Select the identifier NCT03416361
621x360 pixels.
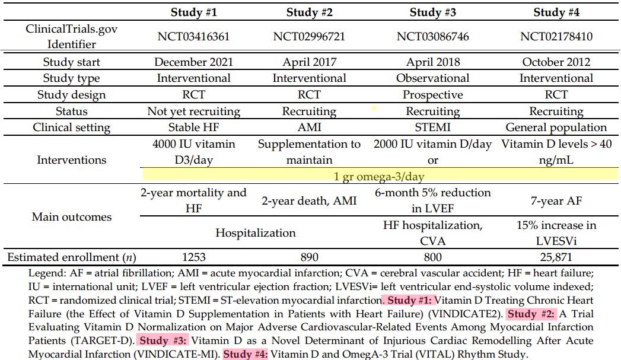click(193, 37)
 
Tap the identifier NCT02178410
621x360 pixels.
click(556, 37)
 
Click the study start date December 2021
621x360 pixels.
click(193, 62)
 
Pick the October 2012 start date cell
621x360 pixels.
click(556, 62)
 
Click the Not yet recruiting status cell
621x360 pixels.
click(193, 111)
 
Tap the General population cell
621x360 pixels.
click(556, 127)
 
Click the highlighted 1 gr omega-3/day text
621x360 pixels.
click(379, 176)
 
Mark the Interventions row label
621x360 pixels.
click(71, 160)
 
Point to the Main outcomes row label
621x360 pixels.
click(71, 216)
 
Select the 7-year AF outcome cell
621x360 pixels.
click(556, 200)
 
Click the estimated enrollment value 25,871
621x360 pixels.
click(556, 257)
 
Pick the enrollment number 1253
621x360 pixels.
click(193, 257)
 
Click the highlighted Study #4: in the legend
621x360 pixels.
click(246, 353)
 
